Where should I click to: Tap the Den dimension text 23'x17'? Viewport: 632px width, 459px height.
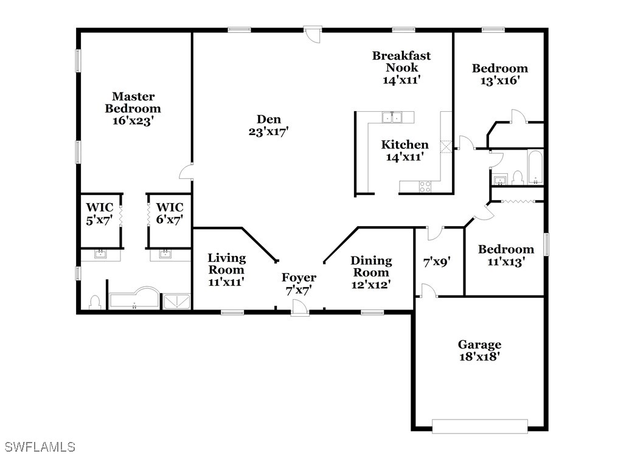268,132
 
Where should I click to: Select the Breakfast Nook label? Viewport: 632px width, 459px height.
401,61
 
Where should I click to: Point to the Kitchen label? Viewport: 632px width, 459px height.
405,144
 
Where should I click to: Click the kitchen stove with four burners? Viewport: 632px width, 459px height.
425,187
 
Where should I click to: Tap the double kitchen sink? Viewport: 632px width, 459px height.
392,117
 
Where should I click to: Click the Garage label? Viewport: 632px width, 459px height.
480,345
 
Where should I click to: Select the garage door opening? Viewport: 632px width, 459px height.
480,426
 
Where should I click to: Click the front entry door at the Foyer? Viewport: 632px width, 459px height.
300,306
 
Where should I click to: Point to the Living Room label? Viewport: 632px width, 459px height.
226,264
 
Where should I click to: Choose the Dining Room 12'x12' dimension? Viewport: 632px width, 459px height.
371,285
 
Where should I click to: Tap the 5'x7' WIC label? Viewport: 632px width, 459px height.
100,213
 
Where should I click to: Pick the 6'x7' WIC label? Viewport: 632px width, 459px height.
170,213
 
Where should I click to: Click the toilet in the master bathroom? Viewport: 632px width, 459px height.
94,302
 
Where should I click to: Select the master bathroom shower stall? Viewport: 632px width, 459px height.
176,302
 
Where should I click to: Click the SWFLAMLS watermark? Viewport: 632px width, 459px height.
40,446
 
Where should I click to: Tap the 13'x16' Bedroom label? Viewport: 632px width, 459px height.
500,74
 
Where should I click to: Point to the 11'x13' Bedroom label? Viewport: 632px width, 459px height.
506,255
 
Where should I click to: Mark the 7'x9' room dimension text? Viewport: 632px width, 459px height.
437,263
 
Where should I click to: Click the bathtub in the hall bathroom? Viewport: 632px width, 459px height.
535,167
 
